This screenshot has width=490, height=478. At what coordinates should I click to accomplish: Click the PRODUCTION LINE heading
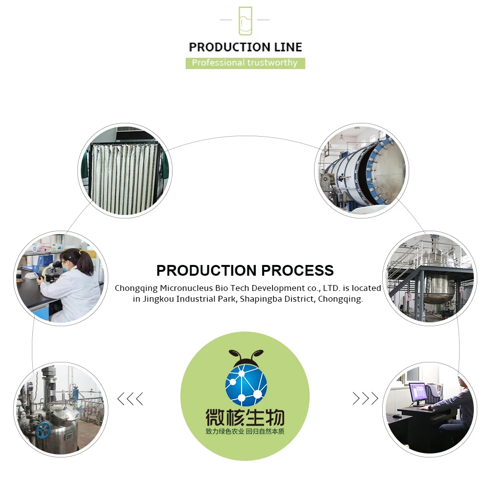click(x=245, y=47)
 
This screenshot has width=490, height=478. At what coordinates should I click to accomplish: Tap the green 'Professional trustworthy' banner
click(x=245, y=63)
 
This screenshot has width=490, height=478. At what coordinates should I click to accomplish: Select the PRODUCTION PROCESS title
click(x=245, y=270)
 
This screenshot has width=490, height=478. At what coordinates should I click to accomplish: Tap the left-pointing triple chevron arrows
click(x=130, y=399)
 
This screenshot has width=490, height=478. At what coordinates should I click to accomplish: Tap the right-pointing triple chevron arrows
click(x=366, y=399)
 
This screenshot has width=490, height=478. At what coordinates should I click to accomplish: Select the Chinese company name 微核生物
click(x=245, y=417)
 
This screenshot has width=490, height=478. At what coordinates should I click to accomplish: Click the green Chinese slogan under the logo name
click(x=245, y=432)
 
